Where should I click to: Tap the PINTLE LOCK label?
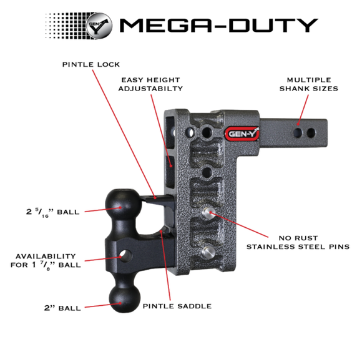click(91, 64)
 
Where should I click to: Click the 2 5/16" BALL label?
click(53, 212)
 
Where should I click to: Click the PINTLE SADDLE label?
click(177, 306)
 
